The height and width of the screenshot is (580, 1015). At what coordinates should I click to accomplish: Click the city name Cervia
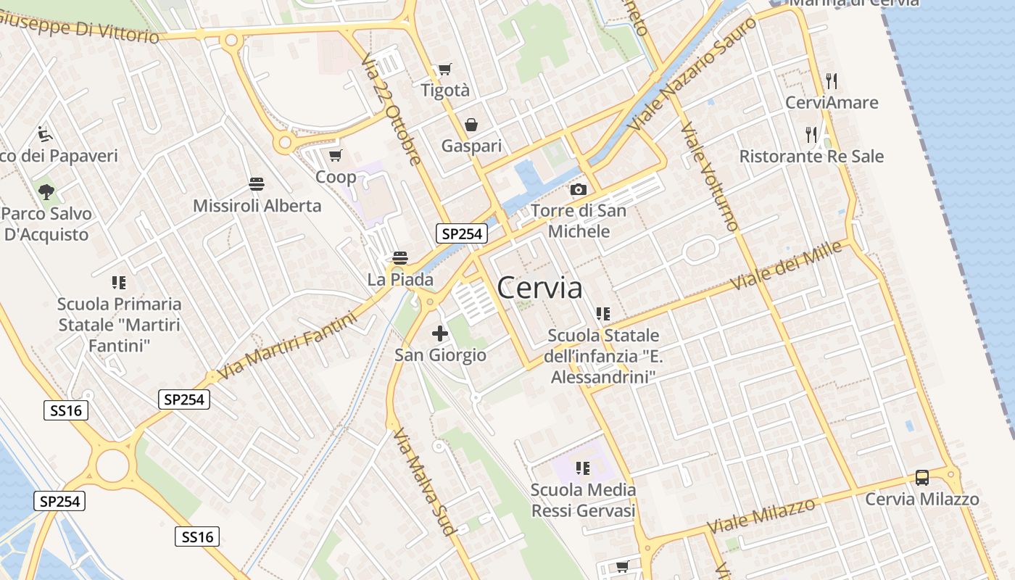click(539, 288)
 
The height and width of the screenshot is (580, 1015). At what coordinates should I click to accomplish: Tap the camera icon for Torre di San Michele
click(578, 189)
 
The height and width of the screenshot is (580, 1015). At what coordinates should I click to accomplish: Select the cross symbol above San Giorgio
click(439, 333)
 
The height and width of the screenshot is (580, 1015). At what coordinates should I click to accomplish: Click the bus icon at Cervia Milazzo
click(921, 478)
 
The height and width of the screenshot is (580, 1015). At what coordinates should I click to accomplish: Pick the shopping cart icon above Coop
click(335, 155)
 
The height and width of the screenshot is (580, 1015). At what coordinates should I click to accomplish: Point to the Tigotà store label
click(445, 91)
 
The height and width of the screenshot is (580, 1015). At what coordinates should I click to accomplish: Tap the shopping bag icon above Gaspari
click(471, 125)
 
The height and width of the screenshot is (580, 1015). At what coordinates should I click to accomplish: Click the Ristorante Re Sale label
click(811, 156)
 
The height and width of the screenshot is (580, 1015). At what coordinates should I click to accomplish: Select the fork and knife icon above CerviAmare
click(832, 80)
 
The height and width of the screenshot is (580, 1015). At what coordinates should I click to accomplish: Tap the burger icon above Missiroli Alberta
click(256, 184)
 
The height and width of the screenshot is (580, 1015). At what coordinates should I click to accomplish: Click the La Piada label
click(400, 279)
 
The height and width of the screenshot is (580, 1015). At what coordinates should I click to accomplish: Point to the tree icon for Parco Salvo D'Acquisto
click(46, 192)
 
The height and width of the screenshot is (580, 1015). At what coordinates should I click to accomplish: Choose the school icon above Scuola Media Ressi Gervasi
click(582, 468)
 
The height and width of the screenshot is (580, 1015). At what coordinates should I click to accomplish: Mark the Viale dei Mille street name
click(786, 265)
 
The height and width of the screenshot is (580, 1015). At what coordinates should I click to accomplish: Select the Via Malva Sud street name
click(424, 481)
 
